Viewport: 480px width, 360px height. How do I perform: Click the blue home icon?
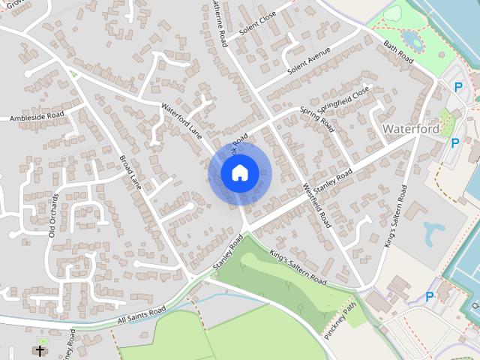(239, 172)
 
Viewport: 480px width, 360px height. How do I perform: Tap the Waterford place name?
(410, 129)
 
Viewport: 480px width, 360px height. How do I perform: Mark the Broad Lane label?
(130, 172)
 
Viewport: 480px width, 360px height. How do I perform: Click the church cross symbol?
(40, 350)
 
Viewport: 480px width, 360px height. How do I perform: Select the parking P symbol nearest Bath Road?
(458, 87)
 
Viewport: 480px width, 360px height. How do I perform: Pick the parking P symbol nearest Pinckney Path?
(430, 296)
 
